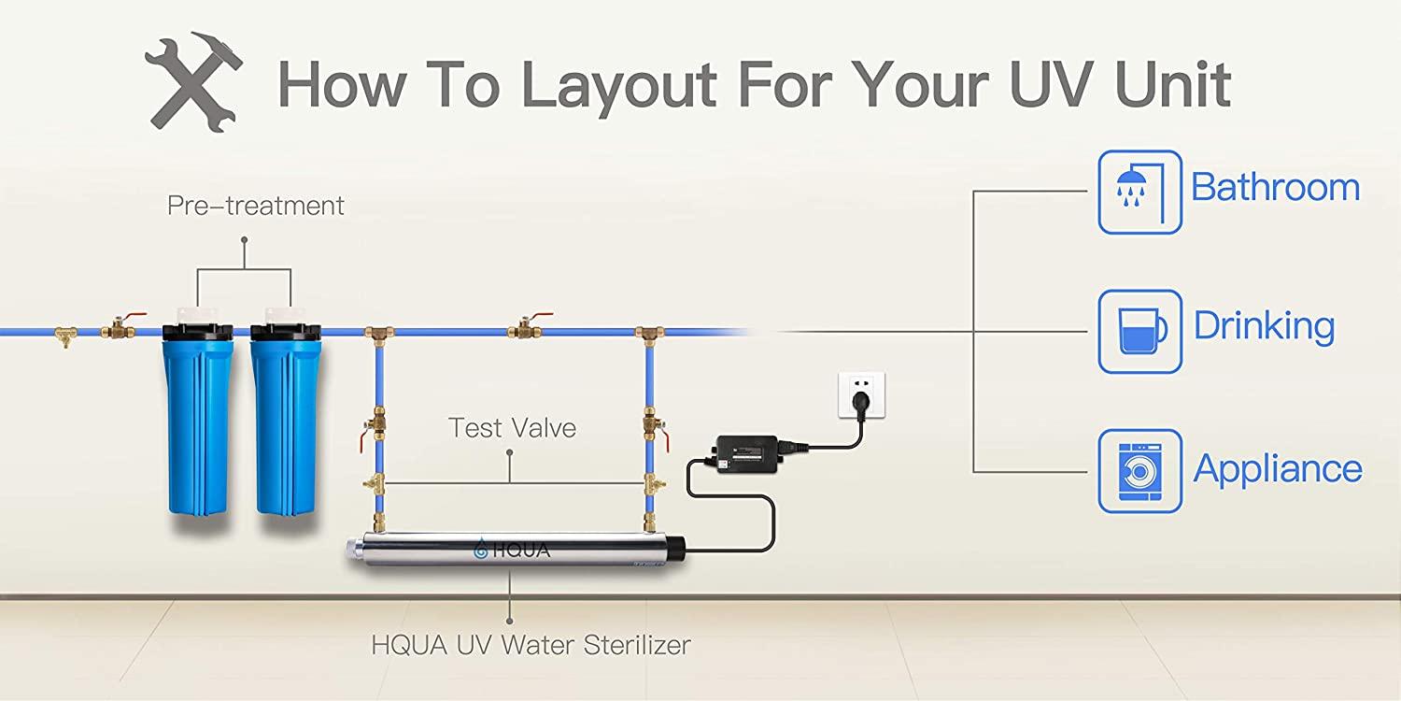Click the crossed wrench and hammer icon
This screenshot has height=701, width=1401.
[x=193, y=82]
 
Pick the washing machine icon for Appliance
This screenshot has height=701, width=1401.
[x=1139, y=471]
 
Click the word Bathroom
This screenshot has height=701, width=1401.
[x=1275, y=187]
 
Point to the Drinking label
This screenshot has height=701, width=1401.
[x=1264, y=327]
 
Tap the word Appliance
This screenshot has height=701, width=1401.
[x=1278, y=469]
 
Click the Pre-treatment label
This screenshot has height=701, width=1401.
[x=255, y=206]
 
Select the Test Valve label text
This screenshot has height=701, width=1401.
[x=512, y=428]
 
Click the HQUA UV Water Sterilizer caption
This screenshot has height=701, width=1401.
[x=531, y=645]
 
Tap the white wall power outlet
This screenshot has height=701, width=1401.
[x=862, y=395]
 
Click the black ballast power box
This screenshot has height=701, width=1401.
[x=747, y=453]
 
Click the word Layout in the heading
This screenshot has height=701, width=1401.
[x=618, y=86]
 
